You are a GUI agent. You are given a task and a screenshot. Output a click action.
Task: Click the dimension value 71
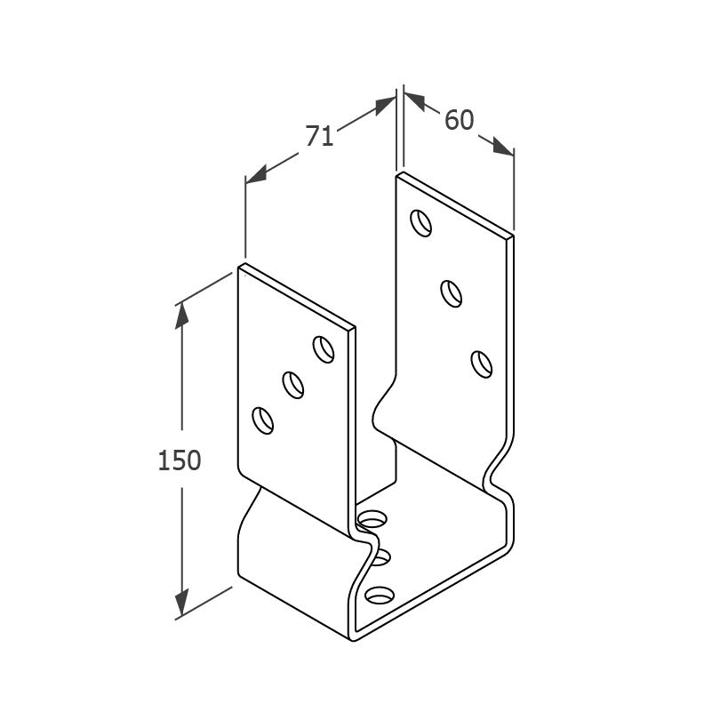[x=319, y=135]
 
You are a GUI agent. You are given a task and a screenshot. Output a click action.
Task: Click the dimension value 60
[x=459, y=120]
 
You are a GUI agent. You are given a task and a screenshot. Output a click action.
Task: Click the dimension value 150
[x=180, y=460]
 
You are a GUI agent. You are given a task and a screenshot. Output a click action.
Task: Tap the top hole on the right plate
[x=421, y=223]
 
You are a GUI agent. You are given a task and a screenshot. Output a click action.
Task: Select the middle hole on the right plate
[x=452, y=294]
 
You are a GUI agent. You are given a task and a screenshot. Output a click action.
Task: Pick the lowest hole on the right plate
[x=482, y=364]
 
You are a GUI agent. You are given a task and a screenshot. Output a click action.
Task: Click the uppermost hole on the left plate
[x=324, y=349]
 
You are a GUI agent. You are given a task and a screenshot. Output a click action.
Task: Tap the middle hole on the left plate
[x=292, y=385]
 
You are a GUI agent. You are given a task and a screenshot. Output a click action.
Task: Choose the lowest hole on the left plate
[x=263, y=420]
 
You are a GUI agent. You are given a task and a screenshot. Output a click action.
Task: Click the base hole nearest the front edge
[x=380, y=596]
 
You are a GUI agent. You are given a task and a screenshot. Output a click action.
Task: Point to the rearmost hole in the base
[x=372, y=518]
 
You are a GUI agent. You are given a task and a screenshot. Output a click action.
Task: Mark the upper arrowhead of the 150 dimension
[x=182, y=315]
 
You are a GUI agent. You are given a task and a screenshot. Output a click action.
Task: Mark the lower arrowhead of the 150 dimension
[x=182, y=603]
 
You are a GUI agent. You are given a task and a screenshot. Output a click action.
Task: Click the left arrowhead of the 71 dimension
[x=256, y=175]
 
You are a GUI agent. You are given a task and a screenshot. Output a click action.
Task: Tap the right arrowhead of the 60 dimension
[x=504, y=146]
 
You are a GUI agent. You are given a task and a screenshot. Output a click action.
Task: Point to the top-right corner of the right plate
[x=514, y=236]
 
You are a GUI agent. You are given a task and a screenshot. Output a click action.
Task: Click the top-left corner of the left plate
[x=238, y=268]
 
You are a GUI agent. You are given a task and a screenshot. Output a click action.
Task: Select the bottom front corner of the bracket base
[x=353, y=640]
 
